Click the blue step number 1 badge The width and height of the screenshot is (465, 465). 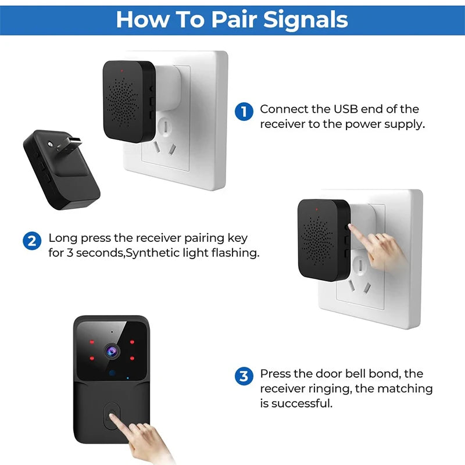coord(244,112)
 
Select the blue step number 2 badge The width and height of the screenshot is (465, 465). coord(32,241)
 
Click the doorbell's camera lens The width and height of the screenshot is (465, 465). coord(112,350)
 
